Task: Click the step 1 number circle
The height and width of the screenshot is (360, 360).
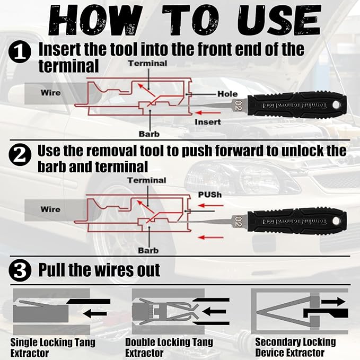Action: pos(20,52)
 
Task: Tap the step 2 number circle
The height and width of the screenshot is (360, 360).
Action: pos(20,155)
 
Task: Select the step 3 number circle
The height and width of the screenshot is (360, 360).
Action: pos(20,270)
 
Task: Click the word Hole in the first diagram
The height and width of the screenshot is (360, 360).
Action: pos(227,94)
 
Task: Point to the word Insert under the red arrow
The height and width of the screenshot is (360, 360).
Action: pos(208,122)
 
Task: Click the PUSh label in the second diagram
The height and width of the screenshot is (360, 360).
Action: pos(210,195)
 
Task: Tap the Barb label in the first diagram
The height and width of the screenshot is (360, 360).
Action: pos(149,134)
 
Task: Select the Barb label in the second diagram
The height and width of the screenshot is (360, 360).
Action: pos(148,250)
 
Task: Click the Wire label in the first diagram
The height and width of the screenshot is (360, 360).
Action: pos(51,93)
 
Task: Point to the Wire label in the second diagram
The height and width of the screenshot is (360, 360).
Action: pos(50,209)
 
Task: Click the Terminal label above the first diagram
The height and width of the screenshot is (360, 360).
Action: pos(147,64)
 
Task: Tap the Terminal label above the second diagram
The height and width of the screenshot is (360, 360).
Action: pos(147,180)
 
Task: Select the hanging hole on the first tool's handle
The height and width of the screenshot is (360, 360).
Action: pos(336,105)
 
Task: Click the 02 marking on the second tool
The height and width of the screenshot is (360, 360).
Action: pos(238,222)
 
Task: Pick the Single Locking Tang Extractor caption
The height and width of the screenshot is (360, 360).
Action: pos(53,347)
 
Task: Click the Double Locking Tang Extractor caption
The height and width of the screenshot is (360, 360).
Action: pos(169,347)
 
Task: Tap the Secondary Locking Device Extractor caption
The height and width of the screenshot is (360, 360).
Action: pos(295,347)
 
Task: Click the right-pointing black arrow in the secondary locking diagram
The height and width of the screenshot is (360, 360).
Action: pos(333,302)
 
